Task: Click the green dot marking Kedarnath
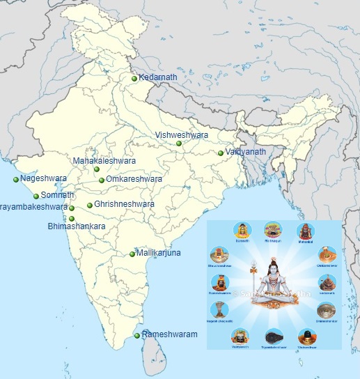pos(134,79)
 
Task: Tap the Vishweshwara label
pos(181,134)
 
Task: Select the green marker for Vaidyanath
pos(221,153)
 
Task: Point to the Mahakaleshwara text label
pos(104,161)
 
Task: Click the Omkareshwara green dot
pos(102,180)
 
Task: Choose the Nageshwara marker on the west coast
pos(16,180)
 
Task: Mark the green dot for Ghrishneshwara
pos(90,206)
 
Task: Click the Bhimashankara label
pos(77,227)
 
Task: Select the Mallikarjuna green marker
pos(132,254)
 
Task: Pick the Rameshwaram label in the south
pos(170,335)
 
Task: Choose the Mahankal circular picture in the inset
pos(305,231)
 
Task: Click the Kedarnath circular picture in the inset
pos(327,282)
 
